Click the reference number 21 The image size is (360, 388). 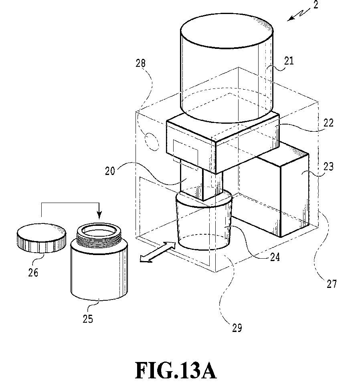[x=289, y=60]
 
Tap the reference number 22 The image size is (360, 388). [x=328, y=123]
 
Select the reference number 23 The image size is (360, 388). [x=329, y=167]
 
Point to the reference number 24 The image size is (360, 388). [x=275, y=257]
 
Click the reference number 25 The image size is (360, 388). [x=88, y=319]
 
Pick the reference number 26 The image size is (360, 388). [x=33, y=272]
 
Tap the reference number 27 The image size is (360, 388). [x=332, y=283]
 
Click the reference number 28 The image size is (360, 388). [x=140, y=63]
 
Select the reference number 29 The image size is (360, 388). [x=237, y=328]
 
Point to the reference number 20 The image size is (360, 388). [x=110, y=171]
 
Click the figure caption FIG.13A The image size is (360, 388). [x=176, y=370]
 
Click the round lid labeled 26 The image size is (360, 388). [x=42, y=238]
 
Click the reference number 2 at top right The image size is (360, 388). [x=316, y=5]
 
